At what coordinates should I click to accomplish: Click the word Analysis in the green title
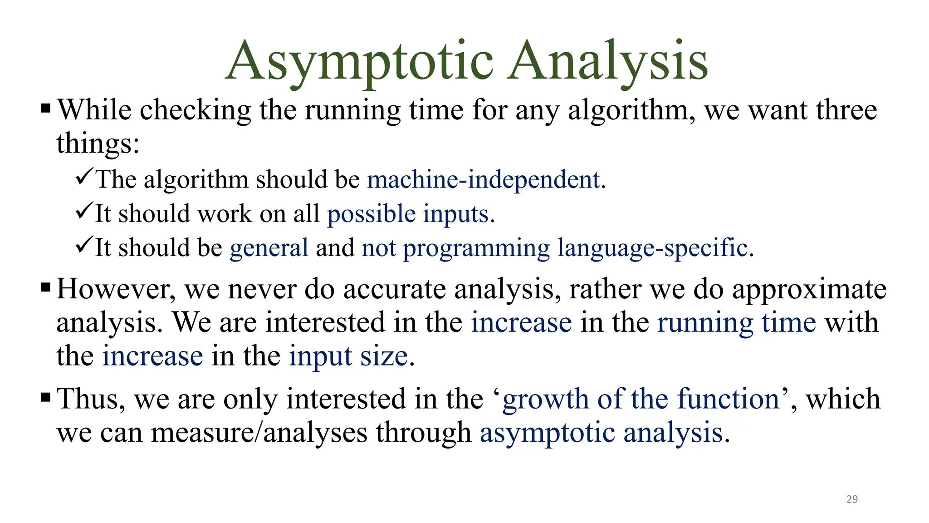(608, 61)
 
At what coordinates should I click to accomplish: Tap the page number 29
(852, 499)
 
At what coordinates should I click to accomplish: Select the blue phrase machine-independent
(484, 179)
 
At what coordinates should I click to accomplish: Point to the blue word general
(269, 248)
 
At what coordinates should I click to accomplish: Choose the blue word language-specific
(652, 248)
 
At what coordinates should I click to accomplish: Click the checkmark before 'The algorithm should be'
(84, 176)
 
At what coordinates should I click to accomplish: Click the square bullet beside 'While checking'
(45, 109)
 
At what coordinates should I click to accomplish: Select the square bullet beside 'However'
(45, 287)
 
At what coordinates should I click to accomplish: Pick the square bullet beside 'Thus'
(45, 398)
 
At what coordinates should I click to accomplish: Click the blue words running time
(736, 323)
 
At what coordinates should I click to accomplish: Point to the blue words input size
(348, 356)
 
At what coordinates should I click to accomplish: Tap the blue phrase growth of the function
(641, 399)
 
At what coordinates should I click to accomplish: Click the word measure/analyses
(259, 433)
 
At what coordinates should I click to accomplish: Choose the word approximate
(809, 290)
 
